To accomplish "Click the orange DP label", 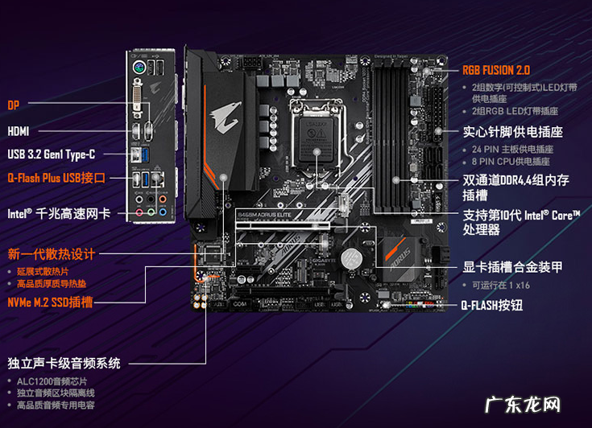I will [x=14, y=105].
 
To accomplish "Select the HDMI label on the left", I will [x=19, y=130].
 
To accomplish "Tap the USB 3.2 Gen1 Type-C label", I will [x=52, y=154].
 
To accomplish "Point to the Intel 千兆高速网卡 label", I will [x=58, y=214].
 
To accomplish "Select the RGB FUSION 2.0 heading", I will [x=496, y=70].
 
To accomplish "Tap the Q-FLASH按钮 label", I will [x=491, y=306].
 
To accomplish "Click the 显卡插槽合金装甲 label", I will [x=512, y=267].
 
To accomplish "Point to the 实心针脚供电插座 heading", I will [x=512, y=131].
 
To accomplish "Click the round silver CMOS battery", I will [x=350, y=258].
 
